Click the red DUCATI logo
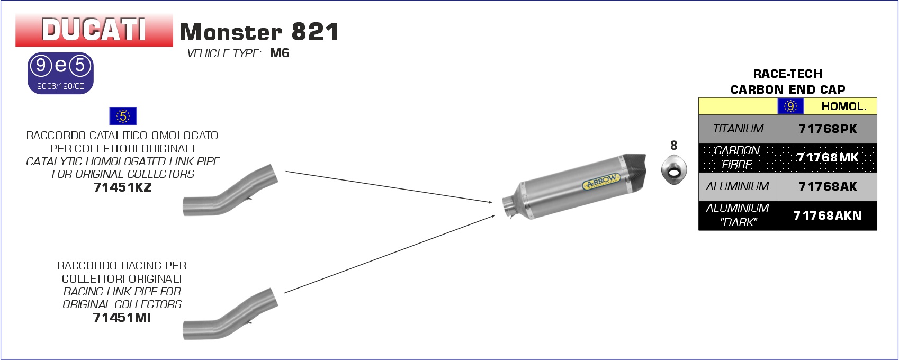pos(94,30)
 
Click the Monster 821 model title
pos(259,32)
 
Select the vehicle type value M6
pos(280,53)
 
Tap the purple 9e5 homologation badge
pos(60,74)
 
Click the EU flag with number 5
pos(123,116)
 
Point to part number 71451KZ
pos(122,187)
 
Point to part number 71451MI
pos(122,318)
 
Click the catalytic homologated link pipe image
pos(230,190)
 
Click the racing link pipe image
pos(230,314)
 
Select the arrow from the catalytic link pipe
pos(389,187)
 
